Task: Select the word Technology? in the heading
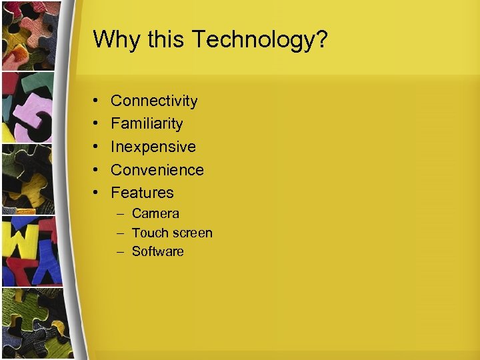click(x=260, y=40)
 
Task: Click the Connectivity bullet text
click(x=154, y=101)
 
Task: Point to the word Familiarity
click(x=147, y=123)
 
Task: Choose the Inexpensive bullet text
click(x=153, y=147)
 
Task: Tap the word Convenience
click(x=157, y=170)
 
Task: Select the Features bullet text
click(x=142, y=193)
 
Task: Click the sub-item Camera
click(x=155, y=214)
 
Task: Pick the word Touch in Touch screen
click(x=148, y=233)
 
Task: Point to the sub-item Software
click(x=157, y=251)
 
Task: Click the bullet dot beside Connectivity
click(x=97, y=101)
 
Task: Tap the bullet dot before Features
click(x=97, y=193)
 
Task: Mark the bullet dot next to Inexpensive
click(x=97, y=147)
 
